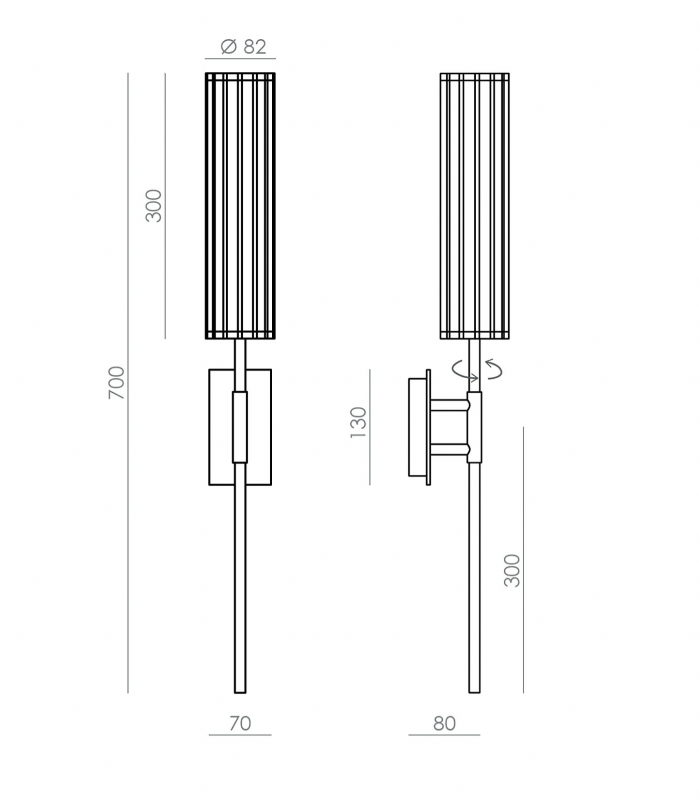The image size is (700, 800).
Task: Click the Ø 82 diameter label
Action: click(x=243, y=47)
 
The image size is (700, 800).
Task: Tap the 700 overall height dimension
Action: click(x=117, y=383)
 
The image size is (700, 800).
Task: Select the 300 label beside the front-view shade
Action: click(x=154, y=206)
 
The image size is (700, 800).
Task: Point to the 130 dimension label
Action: click(x=358, y=423)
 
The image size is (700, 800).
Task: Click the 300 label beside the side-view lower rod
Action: click(x=512, y=571)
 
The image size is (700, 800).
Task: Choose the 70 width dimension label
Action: click(x=240, y=723)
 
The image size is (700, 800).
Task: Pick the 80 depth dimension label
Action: click(x=444, y=723)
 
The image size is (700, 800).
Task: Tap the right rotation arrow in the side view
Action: click(x=494, y=369)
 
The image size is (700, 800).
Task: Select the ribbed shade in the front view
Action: click(x=240, y=206)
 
